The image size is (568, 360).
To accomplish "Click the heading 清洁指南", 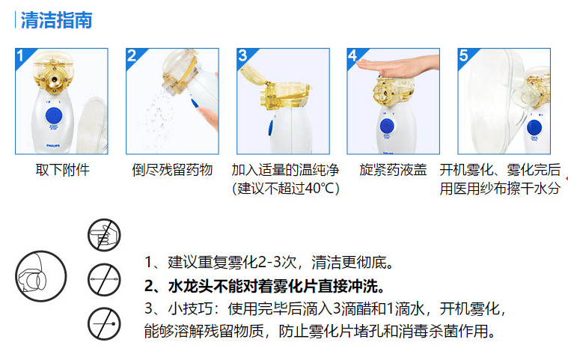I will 56,20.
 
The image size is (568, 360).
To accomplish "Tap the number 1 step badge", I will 23,56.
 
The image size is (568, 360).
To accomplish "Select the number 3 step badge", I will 243,56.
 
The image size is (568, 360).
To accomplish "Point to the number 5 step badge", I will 465,56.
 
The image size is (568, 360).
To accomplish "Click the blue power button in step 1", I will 54,115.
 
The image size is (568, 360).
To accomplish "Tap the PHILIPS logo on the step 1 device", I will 54,139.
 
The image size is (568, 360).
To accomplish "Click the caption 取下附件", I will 62,170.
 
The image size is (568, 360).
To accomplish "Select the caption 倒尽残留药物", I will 172,170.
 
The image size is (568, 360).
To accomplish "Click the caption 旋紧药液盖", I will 393,170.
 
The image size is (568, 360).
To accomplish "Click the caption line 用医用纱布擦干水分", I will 499,189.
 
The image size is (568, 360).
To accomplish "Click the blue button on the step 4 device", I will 388,125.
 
